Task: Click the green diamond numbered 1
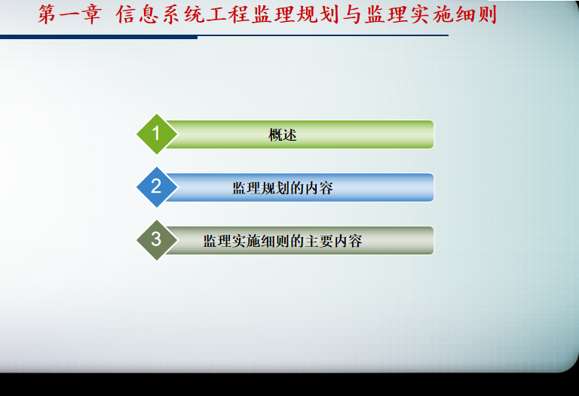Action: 157,134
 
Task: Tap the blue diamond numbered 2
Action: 157,187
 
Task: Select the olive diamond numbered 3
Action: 157,240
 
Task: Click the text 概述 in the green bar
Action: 283,135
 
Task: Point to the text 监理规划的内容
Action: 283,188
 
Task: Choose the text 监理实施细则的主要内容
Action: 283,241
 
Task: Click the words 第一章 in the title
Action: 70,15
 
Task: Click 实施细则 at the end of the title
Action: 454,15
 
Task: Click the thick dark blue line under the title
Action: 99,37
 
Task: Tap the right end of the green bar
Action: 433,134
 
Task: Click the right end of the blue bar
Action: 433,187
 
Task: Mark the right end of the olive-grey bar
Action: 433,240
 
